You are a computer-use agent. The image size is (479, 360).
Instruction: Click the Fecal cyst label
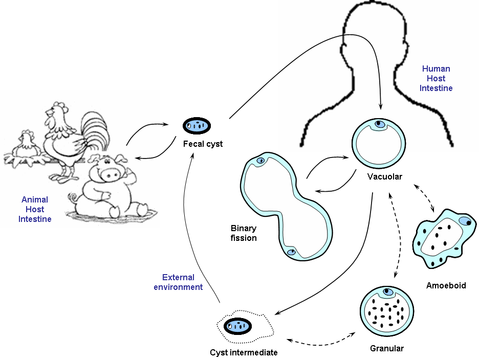(x=203, y=144)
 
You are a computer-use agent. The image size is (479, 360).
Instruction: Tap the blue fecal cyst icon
(x=198, y=124)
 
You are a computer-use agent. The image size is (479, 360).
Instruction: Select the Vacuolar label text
(x=384, y=177)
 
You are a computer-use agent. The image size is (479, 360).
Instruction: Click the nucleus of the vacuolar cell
(x=379, y=124)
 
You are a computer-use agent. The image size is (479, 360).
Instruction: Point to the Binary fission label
(x=244, y=233)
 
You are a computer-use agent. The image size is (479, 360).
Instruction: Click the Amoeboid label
(x=446, y=285)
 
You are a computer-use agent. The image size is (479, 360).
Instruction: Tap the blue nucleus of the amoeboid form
(x=464, y=221)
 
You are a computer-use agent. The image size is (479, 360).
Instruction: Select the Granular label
(x=386, y=349)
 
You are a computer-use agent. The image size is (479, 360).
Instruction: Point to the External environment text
(x=178, y=282)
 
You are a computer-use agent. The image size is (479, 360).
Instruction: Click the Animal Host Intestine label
(x=35, y=209)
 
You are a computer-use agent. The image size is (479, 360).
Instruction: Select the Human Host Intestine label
(x=436, y=78)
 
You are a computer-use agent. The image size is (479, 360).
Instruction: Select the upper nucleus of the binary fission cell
(x=260, y=161)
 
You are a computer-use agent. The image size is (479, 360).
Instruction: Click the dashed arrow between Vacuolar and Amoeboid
(x=423, y=198)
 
